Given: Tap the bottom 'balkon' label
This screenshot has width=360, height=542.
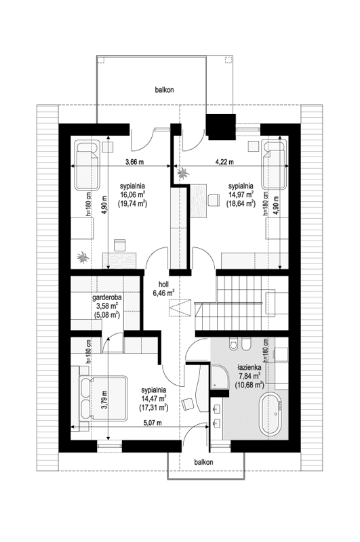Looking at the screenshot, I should coord(203,461).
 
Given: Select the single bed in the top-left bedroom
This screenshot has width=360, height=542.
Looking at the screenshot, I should coord(87,167).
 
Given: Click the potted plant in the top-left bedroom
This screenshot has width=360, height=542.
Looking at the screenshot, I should coord(83,257).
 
